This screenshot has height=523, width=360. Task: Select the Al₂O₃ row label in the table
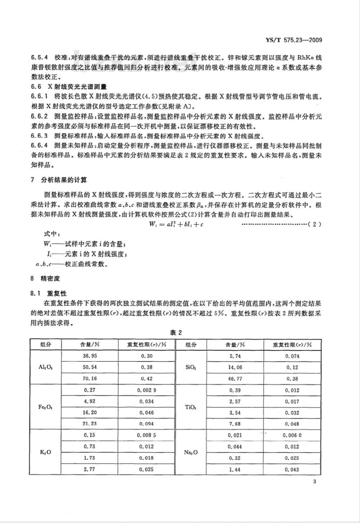click(46, 367)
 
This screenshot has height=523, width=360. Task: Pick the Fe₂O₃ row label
click(46, 407)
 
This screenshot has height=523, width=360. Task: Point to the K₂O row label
click(46, 452)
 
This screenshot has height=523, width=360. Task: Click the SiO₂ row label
click(191, 367)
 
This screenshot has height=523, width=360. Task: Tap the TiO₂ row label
click(191, 407)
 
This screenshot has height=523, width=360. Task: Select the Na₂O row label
click(191, 452)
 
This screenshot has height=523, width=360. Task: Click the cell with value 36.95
click(90, 356)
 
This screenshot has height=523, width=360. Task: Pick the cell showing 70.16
click(90, 378)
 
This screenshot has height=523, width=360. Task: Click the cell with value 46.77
click(235, 378)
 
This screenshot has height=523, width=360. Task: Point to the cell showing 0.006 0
click(292, 435)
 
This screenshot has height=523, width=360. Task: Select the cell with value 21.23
click(90, 424)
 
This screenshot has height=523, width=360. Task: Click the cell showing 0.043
click(292, 469)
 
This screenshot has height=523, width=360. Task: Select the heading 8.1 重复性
click(49, 294)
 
